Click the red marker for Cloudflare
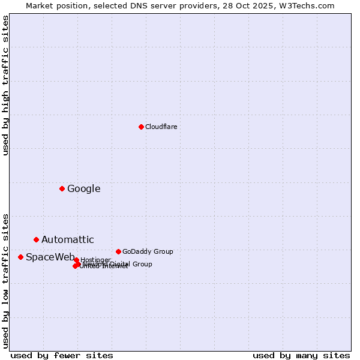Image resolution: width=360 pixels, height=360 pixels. tap(141, 127)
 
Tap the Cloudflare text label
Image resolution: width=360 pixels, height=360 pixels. tap(161, 127)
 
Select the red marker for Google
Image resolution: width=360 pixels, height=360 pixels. tap(62, 188)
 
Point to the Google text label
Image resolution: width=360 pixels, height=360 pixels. tap(84, 188)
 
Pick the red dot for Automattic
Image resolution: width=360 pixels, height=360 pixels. tap(36, 239)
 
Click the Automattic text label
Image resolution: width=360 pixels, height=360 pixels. tap(68, 240)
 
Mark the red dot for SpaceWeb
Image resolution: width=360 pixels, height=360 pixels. tap(20, 257)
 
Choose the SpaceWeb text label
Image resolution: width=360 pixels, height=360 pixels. tap(50, 257)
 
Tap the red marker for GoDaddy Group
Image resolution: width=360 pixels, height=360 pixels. tap(118, 251)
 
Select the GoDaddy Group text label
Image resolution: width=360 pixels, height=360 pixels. tap(148, 251)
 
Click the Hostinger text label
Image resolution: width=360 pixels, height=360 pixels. tap(96, 260)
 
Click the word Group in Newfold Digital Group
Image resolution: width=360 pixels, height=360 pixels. tap(142, 264)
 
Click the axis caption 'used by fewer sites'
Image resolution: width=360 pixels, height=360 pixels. tap(62, 355)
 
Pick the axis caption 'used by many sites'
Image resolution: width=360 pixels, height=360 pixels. tap(301, 355)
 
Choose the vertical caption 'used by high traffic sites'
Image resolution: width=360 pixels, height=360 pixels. tap(5, 85)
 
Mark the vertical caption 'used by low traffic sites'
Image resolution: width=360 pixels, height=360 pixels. tap(5, 280)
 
